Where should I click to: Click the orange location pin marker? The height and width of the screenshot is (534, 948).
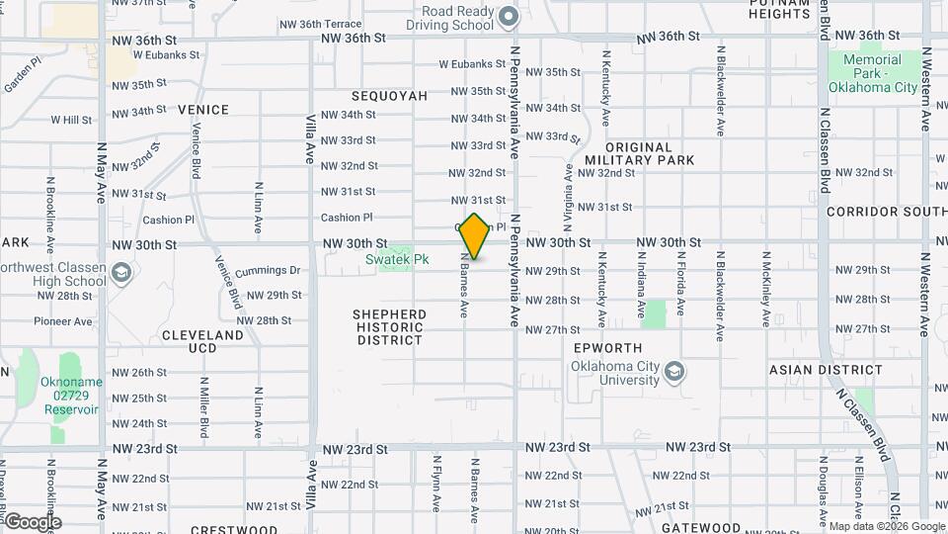click(475, 236)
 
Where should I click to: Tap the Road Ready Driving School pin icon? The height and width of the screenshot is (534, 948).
click(509, 16)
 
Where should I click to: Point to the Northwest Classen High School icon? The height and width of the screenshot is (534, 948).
click(120, 272)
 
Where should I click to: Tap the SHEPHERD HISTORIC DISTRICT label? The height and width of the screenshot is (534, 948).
click(390, 327)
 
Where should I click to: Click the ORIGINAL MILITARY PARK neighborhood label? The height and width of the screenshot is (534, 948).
click(639, 153)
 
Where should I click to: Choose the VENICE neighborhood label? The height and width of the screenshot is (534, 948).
click(203, 110)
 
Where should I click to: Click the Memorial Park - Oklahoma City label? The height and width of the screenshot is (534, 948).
click(872, 74)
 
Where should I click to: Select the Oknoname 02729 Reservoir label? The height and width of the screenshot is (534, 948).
click(69, 396)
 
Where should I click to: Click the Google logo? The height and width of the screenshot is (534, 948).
click(33, 521)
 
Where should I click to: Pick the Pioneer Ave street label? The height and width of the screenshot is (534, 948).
click(62, 321)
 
